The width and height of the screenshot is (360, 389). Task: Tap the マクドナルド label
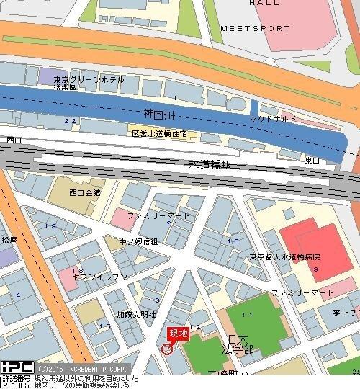coord(273,118)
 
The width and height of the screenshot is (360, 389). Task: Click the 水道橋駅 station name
coord(211,165)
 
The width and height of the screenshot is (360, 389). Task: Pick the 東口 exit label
coord(312,159)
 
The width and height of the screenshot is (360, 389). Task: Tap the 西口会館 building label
coord(85,193)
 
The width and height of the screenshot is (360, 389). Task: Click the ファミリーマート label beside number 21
coord(158,215)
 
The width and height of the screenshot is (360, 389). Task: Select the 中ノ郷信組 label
coord(138,241)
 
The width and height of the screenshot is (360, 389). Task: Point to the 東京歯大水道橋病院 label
coord(285,257)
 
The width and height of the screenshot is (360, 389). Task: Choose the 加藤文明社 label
coord(136,314)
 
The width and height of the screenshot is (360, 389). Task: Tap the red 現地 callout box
coord(178,334)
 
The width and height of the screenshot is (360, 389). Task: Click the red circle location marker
coord(167,349)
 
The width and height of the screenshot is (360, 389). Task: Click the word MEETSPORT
coord(255,29)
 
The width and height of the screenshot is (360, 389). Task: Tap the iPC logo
coord(17,368)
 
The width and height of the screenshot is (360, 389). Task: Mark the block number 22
coord(70,120)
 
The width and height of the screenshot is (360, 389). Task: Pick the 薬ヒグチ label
coord(346,313)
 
